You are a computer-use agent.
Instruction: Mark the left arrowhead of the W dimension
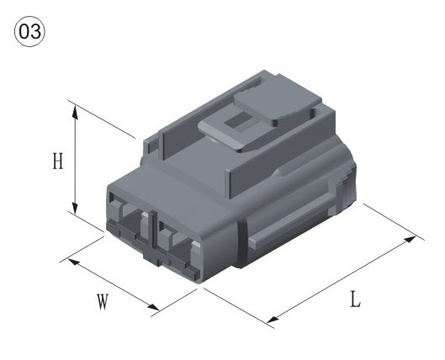[x=70, y=261]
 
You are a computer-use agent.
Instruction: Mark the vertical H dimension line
[x=76, y=160]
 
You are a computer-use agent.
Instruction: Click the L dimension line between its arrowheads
[x=342, y=279]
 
